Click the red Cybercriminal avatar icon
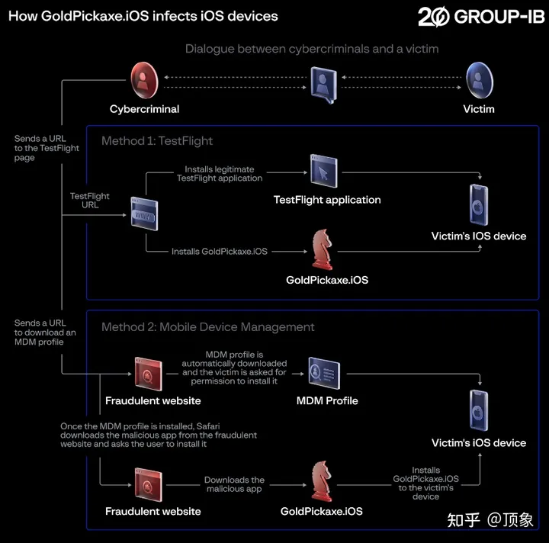(x=144, y=81)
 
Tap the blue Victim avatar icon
(x=480, y=81)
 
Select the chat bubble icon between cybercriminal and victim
(x=324, y=85)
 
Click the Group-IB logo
(x=481, y=17)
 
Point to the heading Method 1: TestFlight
(x=157, y=141)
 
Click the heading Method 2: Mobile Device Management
(x=208, y=327)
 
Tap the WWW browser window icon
(x=144, y=214)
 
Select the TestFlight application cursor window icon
(x=324, y=171)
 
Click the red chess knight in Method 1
(x=322, y=249)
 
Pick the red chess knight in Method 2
(x=322, y=481)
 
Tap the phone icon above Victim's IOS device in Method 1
(x=479, y=205)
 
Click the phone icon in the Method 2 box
(x=479, y=410)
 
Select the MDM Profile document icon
(x=324, y=373)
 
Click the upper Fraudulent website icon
(x=149, y=374)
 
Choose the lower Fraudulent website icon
(x=149, y=485)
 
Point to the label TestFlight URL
(x=90, y=201)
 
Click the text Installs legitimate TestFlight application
(x=220, y=174)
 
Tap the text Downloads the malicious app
(x=234, y=484)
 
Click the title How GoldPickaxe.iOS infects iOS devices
(x=143, y=16)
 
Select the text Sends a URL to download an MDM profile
(x=45, y=333)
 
